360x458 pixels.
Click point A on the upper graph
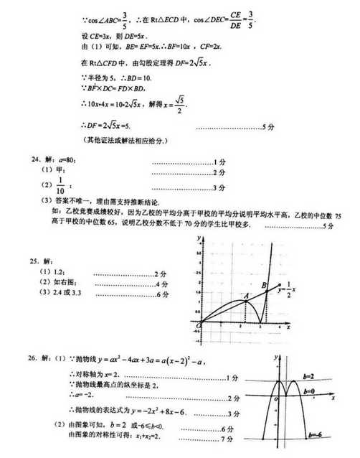pos(245,294)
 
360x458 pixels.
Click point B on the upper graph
pos(265,285)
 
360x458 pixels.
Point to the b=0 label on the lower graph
pos(311,391)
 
